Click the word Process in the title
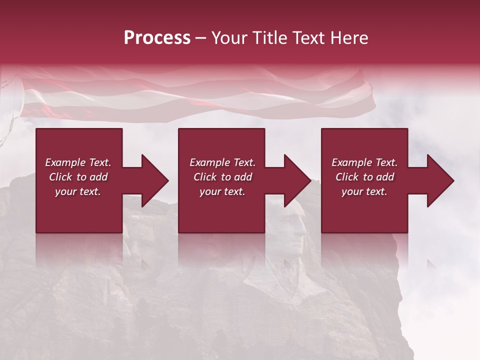click(x=157, y=38)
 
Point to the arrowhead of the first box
click(x=155, y=180)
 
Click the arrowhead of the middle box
click(x=298, y=180)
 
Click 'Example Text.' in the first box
click(x=78, y=162)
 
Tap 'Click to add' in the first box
click(x=78, y=177)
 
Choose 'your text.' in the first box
click(x=78, y=191)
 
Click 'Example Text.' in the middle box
click(x=222, y=162)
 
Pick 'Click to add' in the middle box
click(x=222, y=177)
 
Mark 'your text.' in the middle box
click(x=222, y=191)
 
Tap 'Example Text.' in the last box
click(x=364, y=162)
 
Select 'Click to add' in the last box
click(x=364, y=177)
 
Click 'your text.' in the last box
click(x=364, y=191)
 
